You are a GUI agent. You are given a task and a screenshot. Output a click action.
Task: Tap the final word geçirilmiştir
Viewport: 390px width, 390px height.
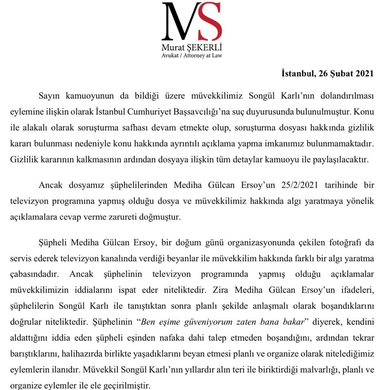pyautogui.click(x=129, y=385)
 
